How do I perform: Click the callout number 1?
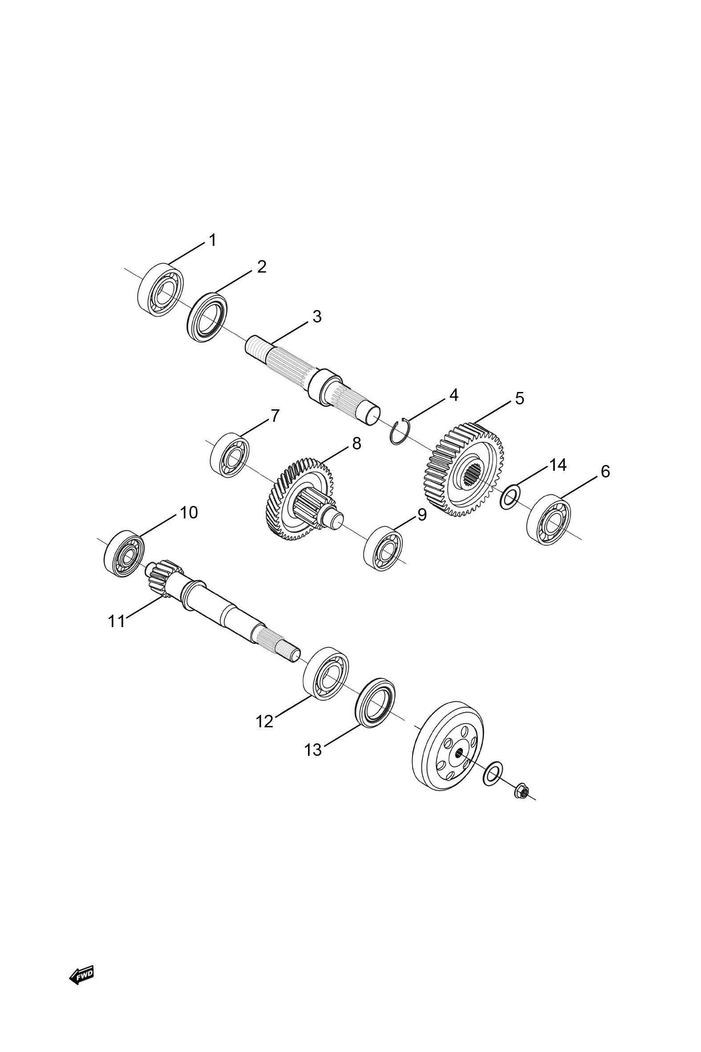213,240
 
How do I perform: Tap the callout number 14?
558,465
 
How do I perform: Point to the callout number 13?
313,750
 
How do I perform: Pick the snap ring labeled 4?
399,432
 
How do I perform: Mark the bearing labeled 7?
230,455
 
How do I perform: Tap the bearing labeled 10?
124,553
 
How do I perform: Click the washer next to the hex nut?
493,773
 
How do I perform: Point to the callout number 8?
356,443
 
